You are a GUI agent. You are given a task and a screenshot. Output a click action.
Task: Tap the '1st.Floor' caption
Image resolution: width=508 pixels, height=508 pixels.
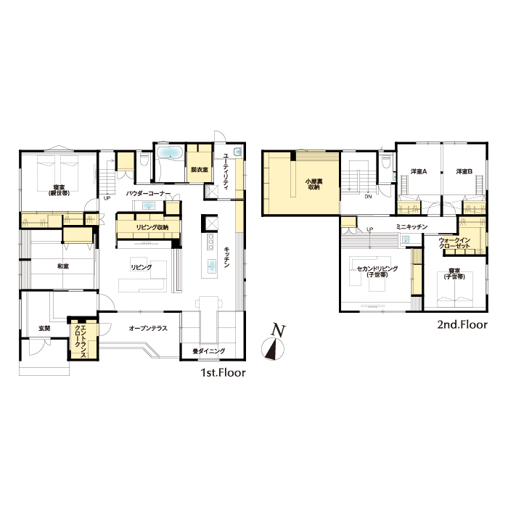224,372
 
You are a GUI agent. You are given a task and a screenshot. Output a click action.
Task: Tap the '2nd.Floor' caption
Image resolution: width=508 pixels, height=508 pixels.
462,324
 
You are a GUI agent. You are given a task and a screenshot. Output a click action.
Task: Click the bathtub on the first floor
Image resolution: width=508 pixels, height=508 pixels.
170,152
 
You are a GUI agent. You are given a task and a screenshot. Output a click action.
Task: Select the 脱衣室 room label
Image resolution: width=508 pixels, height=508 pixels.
200,169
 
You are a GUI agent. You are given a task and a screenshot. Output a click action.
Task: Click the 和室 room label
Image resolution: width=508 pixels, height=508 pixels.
63,266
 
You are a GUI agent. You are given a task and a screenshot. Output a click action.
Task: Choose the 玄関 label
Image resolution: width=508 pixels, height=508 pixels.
44,328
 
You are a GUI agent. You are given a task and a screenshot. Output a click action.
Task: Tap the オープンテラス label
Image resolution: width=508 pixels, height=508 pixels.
148,328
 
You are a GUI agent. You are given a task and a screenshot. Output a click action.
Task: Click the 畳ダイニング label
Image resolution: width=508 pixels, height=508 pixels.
209,351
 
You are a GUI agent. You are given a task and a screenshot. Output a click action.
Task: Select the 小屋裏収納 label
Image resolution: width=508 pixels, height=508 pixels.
314,184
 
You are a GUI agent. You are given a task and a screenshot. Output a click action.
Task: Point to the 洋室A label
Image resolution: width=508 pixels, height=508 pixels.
419,171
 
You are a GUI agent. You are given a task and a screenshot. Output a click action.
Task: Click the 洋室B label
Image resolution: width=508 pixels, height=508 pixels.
464,171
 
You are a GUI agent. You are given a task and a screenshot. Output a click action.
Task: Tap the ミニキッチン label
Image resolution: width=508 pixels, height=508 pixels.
411,226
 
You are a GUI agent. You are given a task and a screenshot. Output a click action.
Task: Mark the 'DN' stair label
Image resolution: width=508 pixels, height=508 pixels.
368,197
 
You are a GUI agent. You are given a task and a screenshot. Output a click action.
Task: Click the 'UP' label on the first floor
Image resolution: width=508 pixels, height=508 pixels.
107,198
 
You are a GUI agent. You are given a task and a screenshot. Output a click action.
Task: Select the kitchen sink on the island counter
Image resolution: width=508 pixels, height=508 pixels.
212,266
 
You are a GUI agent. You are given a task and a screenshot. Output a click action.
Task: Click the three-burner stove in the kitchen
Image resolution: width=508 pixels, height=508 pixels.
210,242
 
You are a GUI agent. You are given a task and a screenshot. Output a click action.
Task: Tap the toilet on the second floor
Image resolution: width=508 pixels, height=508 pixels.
386,161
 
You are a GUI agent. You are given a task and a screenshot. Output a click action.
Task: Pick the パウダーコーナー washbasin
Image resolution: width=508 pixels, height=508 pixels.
149,205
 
